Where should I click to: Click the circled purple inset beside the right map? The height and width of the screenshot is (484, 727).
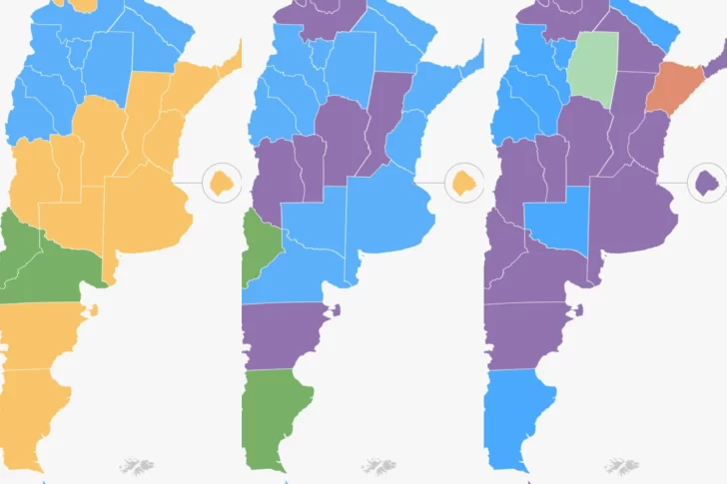coord(708,182)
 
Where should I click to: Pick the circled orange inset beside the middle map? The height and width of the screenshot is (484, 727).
coord(462,183)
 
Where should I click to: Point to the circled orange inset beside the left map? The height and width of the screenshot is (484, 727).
coord(221,183)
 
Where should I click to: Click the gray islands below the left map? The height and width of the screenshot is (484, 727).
coord(137,466)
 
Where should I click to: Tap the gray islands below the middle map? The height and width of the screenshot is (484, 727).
coord(378,466)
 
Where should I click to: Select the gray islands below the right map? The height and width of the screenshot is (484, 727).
coord(620,466)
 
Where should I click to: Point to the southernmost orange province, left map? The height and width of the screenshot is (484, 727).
coord(35,409)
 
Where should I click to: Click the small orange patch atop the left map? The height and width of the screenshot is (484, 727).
coord(85,5)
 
